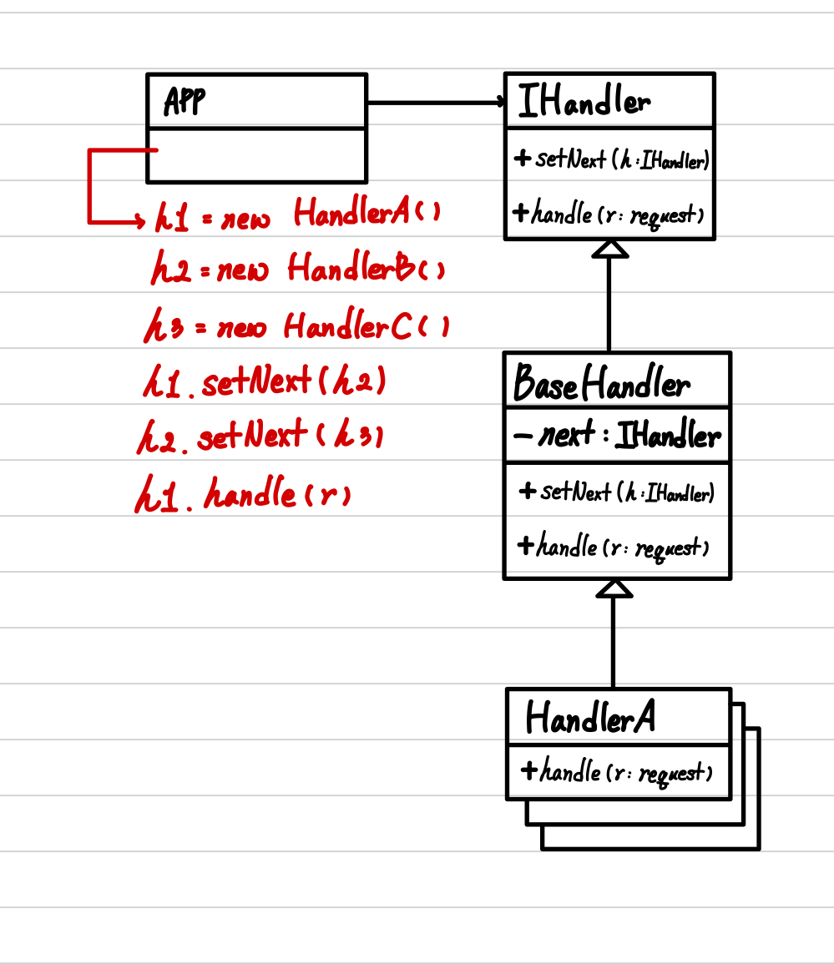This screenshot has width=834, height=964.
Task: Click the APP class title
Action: click(x=184, y=102)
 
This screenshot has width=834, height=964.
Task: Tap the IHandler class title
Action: click(x=584, y=102)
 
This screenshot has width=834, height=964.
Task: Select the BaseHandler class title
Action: click(x=602, y=384)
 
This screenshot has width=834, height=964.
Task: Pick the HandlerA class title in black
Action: click(x=589, y=717)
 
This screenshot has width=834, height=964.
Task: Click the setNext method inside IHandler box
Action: click(x=612, y=159)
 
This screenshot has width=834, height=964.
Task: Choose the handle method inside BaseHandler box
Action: click(x=613, y=548)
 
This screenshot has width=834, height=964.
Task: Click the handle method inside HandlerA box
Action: click(x=616, y=772)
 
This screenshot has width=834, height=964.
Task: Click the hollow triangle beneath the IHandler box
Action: click(x=609, y=249)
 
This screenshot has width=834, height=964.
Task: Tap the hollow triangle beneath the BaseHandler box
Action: click(x=614, y=588)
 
